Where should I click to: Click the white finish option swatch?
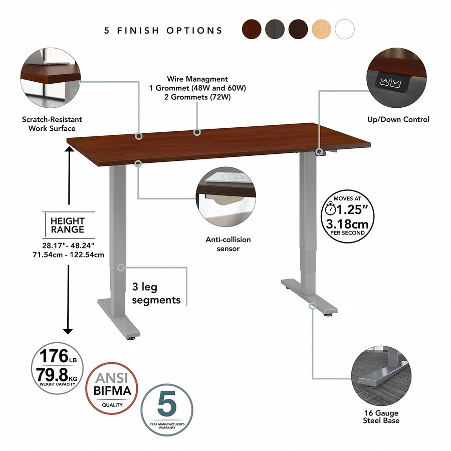coord(345,29)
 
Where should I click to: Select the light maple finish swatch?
coord(322,29)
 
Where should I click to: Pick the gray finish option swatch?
coord(275,29)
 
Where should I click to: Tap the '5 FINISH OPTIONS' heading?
coord(163,31)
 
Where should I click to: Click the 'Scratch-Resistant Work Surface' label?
coord(52,124)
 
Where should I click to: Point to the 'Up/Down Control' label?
coord(398,119)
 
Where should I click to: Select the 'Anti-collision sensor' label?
coord(228,244)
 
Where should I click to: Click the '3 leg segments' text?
coord(156,293)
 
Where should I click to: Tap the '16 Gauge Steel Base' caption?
coord(381,417)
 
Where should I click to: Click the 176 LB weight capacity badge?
coord(57,368)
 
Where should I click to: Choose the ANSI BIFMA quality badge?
coord(112,388)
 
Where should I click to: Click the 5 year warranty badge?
coord(167,409)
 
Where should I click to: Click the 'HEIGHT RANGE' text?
coord(68,225)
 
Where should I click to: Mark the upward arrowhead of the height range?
coord(69,149)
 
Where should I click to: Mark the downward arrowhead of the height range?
coord(68,331)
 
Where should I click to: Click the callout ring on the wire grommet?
coord(197,132)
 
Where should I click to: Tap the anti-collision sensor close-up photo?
coord(226,197)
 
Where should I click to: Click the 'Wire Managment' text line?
coord(197,79)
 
